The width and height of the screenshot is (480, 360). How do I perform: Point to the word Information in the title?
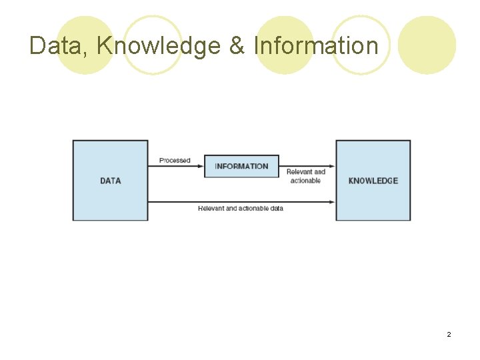[316, 46]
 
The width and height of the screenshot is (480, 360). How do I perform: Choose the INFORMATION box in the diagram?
[241, 166]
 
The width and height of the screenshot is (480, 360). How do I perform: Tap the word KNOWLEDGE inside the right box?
[373, 181]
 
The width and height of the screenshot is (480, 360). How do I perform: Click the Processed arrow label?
[175, 161]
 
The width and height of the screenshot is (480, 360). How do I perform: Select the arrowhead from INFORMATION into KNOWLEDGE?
[331, 166]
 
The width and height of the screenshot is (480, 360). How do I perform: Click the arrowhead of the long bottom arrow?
[331, 201]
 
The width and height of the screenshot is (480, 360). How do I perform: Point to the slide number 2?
[449, 334]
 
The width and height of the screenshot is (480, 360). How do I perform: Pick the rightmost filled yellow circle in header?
[427, 45]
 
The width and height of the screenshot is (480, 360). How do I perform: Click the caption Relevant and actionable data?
[241, 209]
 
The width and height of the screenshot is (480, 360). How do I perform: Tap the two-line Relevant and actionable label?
[306, 176]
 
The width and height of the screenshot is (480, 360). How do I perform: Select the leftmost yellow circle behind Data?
[84, 45]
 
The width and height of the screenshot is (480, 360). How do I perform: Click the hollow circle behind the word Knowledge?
[153, 45]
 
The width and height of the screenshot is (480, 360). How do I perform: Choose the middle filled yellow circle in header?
[285, 45]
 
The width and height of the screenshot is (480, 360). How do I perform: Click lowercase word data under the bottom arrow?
[276, 209]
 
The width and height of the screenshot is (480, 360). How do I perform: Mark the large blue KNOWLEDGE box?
[373, 200]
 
